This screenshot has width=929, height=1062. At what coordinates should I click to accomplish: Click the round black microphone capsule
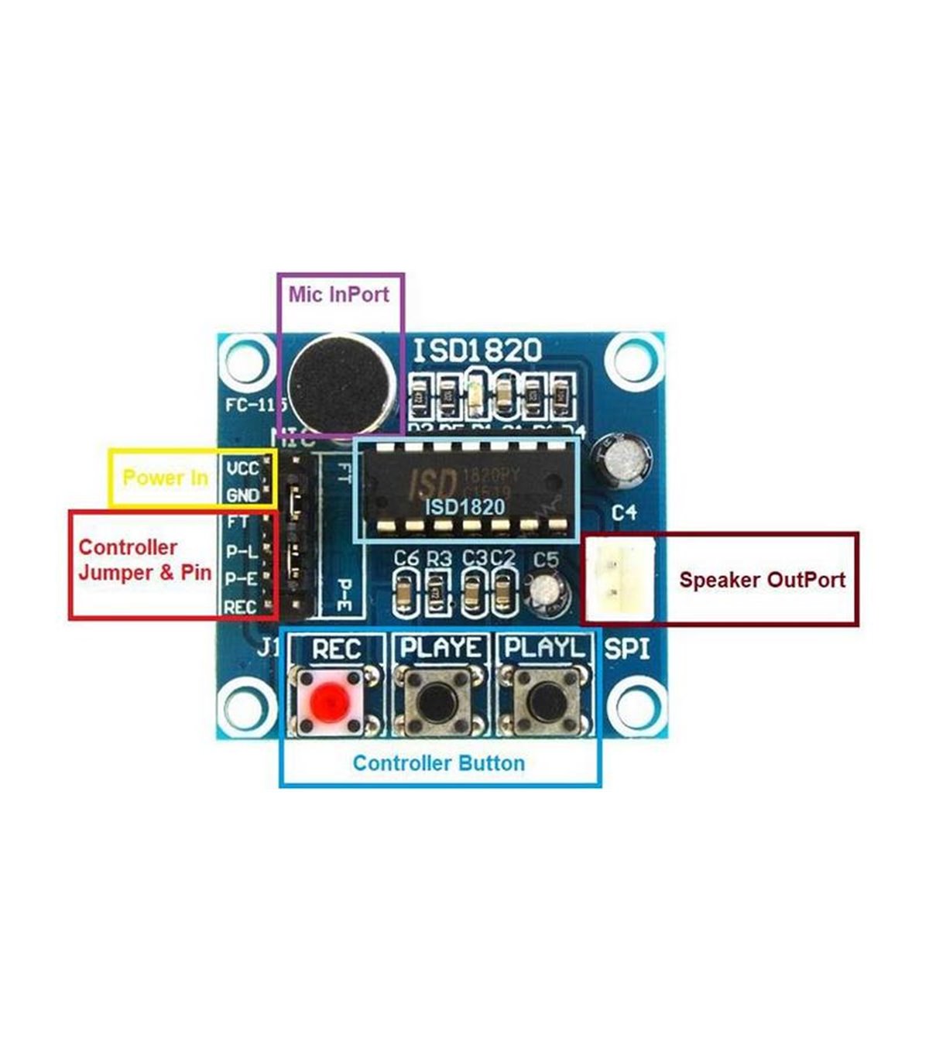pos(338,385)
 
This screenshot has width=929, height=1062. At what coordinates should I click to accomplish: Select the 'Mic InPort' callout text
pos(338,294)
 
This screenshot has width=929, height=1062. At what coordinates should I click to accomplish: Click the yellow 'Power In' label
pos(165,478)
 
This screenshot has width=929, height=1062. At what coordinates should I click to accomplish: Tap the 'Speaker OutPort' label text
pos(762,580)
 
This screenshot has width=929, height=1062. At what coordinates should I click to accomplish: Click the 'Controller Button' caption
pos(438,763)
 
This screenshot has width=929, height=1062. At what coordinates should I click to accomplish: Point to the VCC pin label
pos(243,469)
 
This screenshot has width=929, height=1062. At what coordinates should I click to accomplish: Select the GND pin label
pos(243,495)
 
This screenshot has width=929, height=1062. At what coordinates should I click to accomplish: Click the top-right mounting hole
pos(635,361)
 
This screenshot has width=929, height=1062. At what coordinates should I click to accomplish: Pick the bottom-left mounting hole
pos(247,706)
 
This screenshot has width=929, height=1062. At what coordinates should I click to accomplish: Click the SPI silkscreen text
pos(626,649)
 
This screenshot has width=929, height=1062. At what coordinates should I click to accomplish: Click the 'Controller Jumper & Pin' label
pos(145,560)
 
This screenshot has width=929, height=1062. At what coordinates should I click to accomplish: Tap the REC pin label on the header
pos(240,608)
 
